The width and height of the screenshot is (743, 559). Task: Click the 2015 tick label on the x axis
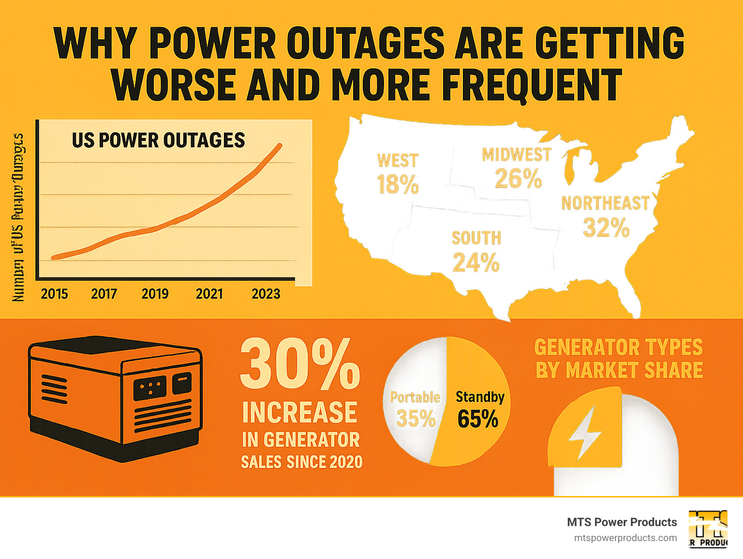click(54, 294)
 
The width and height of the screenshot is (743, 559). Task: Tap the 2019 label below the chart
click(155, 294)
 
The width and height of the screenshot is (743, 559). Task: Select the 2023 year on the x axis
click(266, 294)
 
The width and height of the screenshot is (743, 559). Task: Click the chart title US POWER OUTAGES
click(158, 140)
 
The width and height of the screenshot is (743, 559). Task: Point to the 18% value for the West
click(398, 185)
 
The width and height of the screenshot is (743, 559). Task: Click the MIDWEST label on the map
click(517, 155)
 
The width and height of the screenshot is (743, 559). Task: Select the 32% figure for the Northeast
click(606, 228)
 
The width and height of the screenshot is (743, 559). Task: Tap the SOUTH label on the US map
click(476, 238)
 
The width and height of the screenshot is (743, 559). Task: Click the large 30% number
click(300, 364)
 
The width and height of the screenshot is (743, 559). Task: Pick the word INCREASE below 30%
click(300, 412)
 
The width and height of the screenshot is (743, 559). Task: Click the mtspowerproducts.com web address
click(625, 538)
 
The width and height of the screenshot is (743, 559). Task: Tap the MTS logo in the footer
click(708, 528)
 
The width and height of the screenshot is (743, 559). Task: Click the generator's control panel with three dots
click(150, 387)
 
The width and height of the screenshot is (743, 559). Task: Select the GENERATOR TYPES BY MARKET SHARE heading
click(619, 359)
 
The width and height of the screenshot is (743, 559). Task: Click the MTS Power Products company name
click(622, 522)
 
